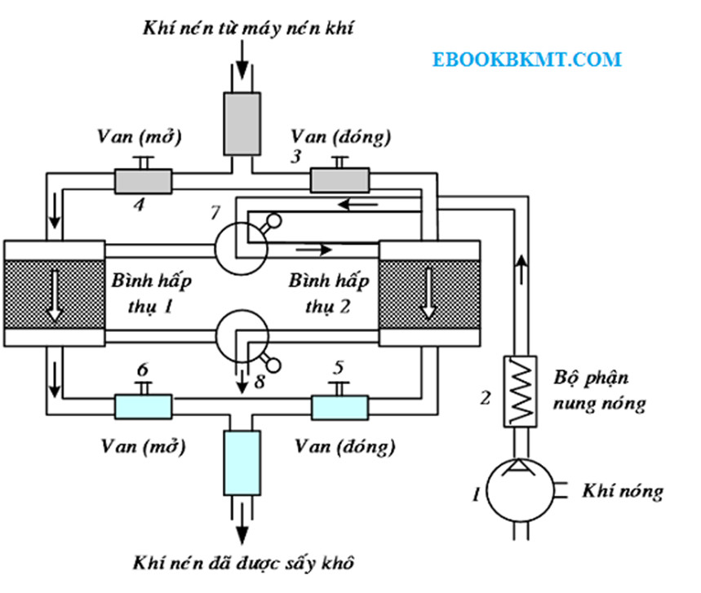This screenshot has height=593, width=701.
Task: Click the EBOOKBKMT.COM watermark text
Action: tap(527, 60)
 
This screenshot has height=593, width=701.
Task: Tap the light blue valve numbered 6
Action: tap(142, 405)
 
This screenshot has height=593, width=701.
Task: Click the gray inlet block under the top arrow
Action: tap(242, 122)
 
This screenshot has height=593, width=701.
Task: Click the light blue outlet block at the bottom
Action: tap(242, 461)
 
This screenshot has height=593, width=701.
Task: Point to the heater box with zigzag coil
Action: tap(519, 390)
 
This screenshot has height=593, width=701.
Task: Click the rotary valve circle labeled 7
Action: tap(242, 243)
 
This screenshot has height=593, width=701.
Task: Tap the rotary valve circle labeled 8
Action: tap(242, 334)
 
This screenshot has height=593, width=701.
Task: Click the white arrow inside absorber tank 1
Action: tap(54, 294)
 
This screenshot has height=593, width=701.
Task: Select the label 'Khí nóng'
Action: tap(623, 491)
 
